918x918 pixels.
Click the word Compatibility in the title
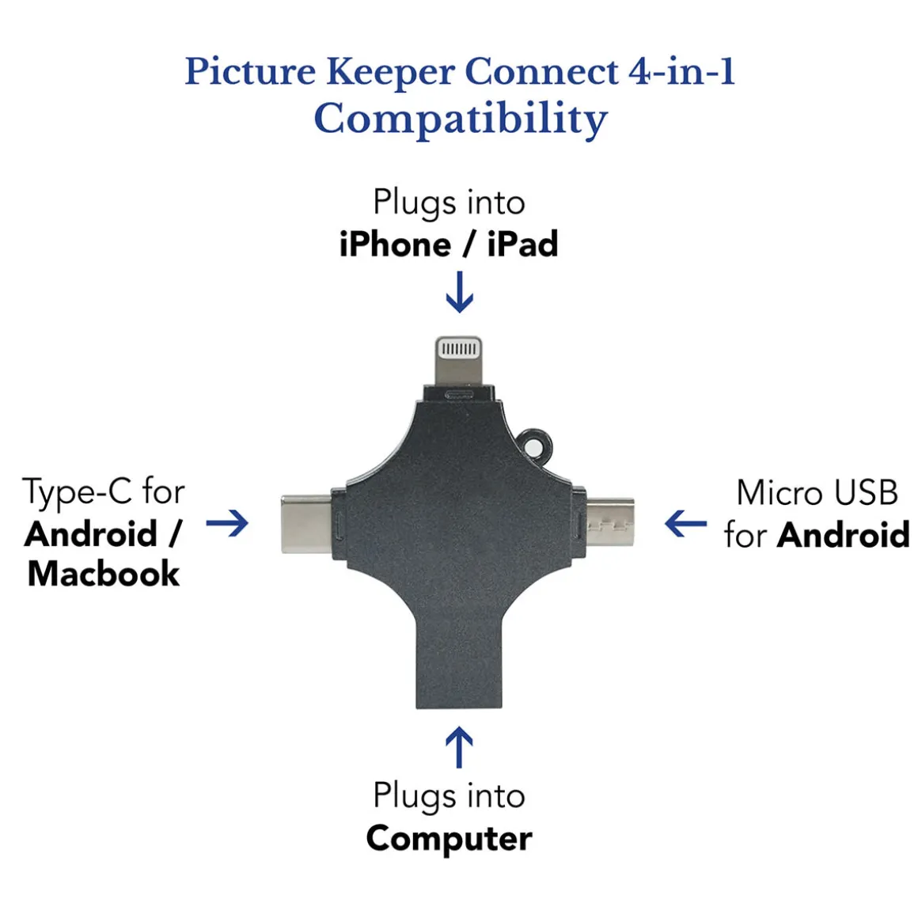pos(460,119)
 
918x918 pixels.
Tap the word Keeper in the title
pos(390,73)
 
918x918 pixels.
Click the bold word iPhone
pos(395,244)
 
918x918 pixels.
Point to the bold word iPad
pos(522,244)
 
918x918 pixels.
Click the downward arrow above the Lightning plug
pos(460,291)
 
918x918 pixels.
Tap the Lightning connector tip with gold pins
pos(459,360)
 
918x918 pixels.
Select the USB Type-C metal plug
pos(308,524)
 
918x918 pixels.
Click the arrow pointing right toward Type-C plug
pos(227,523)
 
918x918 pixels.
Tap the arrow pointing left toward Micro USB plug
pos(685,523)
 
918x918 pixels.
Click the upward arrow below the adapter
pos(460,747)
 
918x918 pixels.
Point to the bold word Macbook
pos(104,573)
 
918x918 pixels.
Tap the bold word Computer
pos(449,838)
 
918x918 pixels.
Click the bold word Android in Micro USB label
pos(843,534)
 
